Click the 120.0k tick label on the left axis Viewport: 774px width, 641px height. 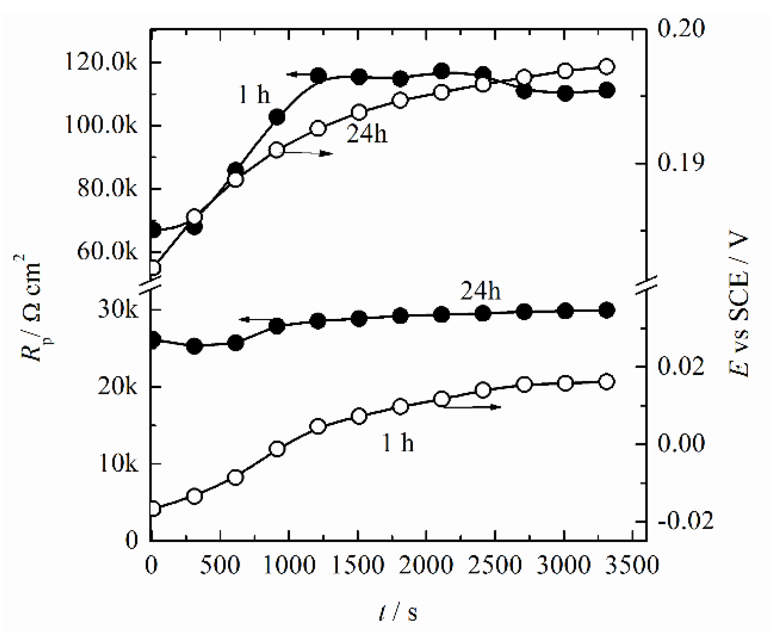pyautogui.click(x=101, y=63)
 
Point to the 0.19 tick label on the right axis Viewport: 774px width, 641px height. pyautogui.click(x=681, y=163)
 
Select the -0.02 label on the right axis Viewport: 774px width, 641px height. pyautogui.click(x=685, y=521)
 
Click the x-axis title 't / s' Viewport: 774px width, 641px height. pyautogui.click(x=398, y=612)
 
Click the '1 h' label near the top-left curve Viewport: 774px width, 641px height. pyautogui.click(x=254, y=95)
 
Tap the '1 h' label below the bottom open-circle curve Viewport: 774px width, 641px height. pyautogui.click(x=397, y=443)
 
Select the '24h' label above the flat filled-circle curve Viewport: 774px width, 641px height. pyautogui.click(x=480, y=291)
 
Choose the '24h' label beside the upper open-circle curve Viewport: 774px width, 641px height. pyautogui.click(x=367, y=134)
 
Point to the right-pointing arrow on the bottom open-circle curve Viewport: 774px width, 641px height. pyautogui.click(x=472, y=407)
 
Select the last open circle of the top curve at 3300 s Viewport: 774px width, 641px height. pyautogui.click(x=606, y=67)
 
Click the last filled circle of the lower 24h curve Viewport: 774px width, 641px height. pyautogui.click(x=606, y=310)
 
